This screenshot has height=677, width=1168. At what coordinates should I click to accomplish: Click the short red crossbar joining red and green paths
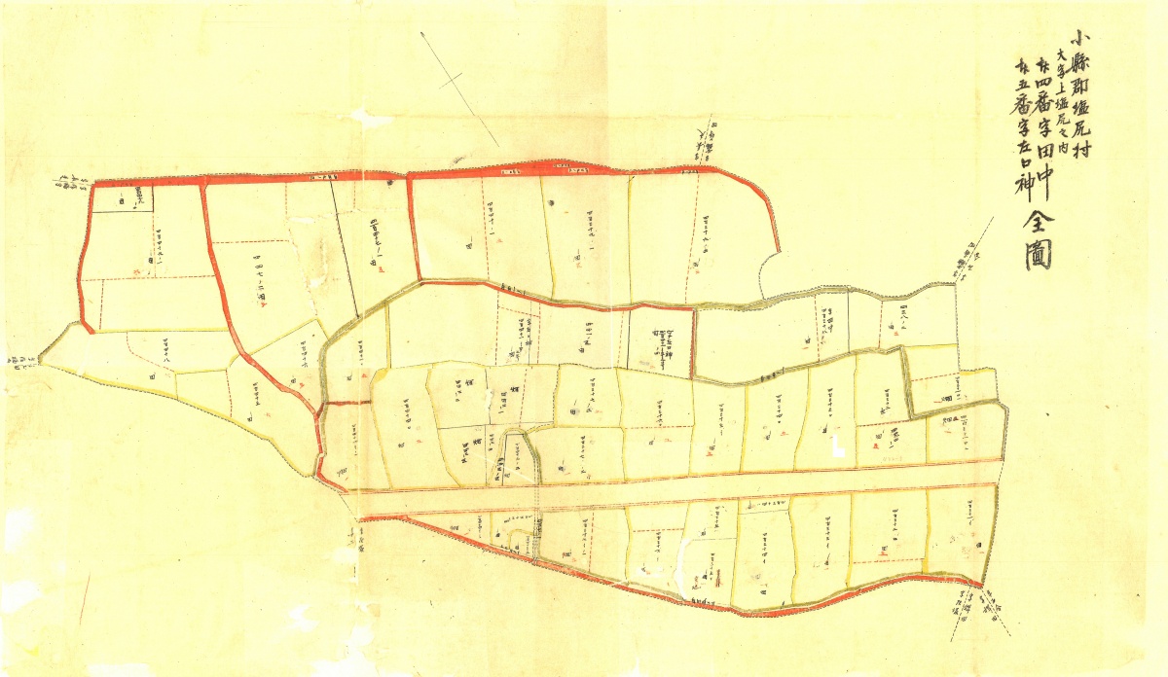pyautogui.click(x=340, y=402)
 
